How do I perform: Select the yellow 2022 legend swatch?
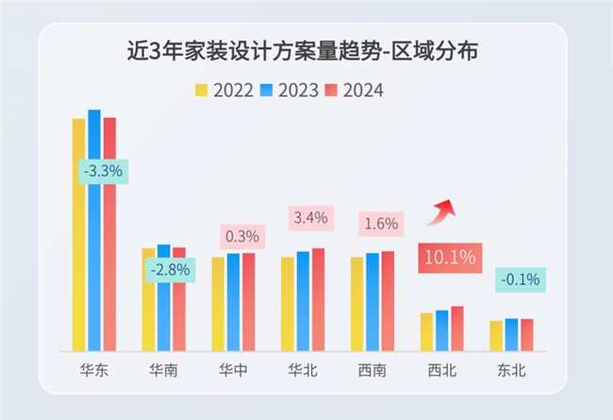tap(202, 91)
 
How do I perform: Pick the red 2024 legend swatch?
tap(330, 91)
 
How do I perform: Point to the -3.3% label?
tap(102, 172)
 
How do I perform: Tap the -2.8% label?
tap(171, 269)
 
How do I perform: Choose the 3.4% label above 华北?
tap(310, 218)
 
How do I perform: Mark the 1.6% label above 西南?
tap(380, 224)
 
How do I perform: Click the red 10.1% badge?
tap(449, 257)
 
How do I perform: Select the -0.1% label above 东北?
tap(520, 278)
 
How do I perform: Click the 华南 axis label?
tap(164, 371)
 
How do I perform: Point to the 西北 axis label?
tap(441, 371)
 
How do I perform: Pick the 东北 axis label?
tap(511, 371)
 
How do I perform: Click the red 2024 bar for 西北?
tap(457, 328)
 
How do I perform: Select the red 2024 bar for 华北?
tap(318, 299)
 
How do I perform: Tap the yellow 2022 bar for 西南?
tap(356, 303)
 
